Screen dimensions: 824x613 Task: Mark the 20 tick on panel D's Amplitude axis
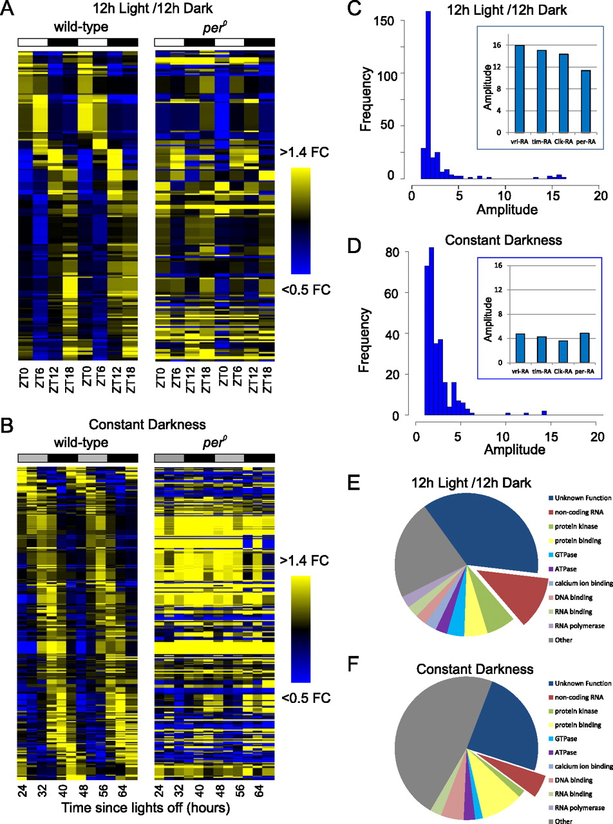point(596,436)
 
